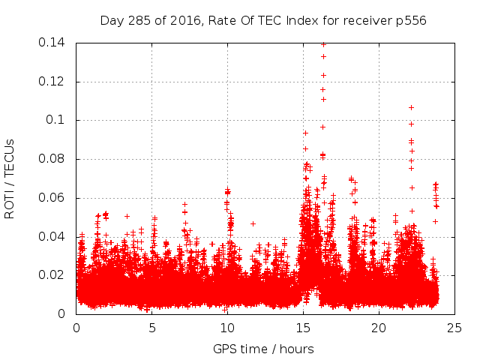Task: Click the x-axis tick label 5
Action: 151,328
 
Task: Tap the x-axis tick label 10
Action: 227,328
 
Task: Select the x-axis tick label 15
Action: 303,328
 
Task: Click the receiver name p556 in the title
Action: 411,20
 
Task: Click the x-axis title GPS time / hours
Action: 263,349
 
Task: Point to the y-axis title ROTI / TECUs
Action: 10,178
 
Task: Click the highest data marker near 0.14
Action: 323,44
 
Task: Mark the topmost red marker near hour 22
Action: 411,107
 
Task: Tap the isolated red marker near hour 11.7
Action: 253,223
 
